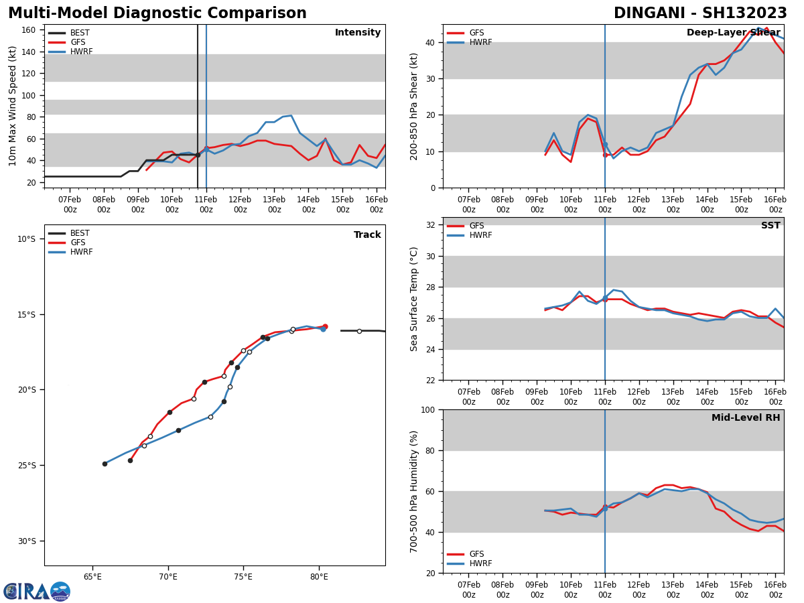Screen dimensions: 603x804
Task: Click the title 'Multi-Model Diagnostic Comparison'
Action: pos(157,13)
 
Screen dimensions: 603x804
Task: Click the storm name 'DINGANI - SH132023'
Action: pos(700,13)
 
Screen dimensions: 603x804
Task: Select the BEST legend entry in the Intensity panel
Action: pos(79,33)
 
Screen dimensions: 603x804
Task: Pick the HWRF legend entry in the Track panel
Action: pos(81,252)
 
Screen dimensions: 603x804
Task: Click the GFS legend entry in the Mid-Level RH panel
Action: pos(476,554)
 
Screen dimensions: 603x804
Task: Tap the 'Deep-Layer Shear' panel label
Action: pos(733,33)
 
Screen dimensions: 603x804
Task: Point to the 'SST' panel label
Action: pos(770,226)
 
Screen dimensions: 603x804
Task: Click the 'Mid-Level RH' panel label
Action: pos(746,418)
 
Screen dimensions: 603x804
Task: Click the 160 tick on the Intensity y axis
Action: pos(28,30)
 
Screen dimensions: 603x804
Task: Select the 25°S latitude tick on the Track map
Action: pos(26,466)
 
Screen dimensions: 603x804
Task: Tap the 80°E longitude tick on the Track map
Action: pos(319,577)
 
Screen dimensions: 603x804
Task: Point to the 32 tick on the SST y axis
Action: pos(431,225)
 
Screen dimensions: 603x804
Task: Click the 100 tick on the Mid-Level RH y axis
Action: pos(427,409)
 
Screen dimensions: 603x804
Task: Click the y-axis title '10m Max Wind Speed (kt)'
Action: pos(13,106)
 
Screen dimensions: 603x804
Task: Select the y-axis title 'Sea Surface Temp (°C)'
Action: pos(414,299)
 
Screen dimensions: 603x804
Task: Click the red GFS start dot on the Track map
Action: pos(325,326)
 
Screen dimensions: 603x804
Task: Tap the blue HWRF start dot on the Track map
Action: pos(322,329)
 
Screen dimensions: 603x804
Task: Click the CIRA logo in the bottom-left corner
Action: pos(37,591)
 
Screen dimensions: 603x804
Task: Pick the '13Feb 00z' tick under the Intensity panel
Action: pos(275,204)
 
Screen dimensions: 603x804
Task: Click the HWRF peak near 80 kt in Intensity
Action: pos(291,116)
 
